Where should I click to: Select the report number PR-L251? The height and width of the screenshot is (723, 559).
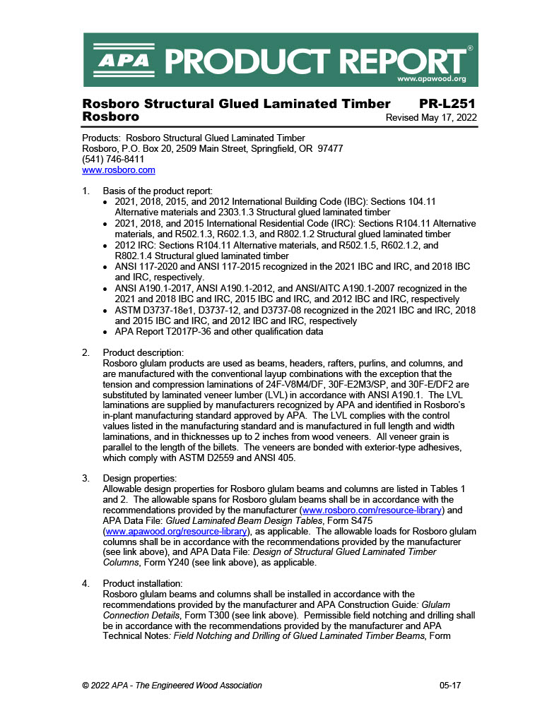[448, 104]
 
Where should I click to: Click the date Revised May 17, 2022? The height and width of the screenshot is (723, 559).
[431, 117]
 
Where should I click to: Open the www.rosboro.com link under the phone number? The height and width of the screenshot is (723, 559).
[119, 170]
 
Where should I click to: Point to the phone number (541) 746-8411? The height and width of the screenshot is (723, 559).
[114, 160]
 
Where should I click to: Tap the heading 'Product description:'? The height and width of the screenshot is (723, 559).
[143, 352]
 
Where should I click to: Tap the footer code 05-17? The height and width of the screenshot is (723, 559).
[449, 685]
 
